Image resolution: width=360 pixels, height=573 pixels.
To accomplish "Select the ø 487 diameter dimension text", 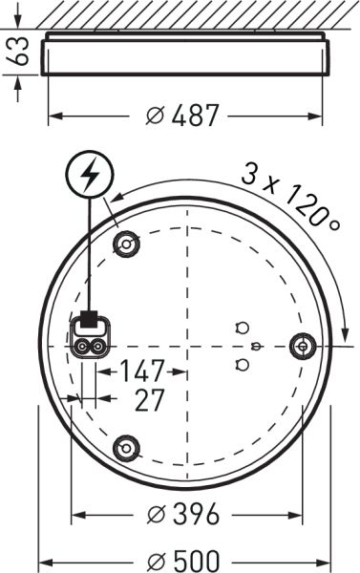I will pyautogui.click(x=182, y=116).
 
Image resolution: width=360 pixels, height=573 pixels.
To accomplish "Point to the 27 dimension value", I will pyautogui.click(x=149, y=399).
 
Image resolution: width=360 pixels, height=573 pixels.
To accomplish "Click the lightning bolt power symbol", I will pyautogui.click(x=90, y=174).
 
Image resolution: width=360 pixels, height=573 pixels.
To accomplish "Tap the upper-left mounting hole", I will pyautogui.click(x=125, y=245).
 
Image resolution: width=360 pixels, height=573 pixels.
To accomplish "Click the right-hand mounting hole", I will pyautogui.click(x=303, y=345).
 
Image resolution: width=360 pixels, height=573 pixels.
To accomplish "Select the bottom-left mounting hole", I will pyautogui.click(x=125, y=446).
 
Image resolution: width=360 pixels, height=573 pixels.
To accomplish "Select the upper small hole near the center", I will pyautogui.click(x=242, y=327).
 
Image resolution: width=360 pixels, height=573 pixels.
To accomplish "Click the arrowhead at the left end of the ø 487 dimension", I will pyautogui.click(x=53, y=116).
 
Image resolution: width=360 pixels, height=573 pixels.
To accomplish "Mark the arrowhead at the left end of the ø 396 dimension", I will pyautogui.click(x=77, y=516).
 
